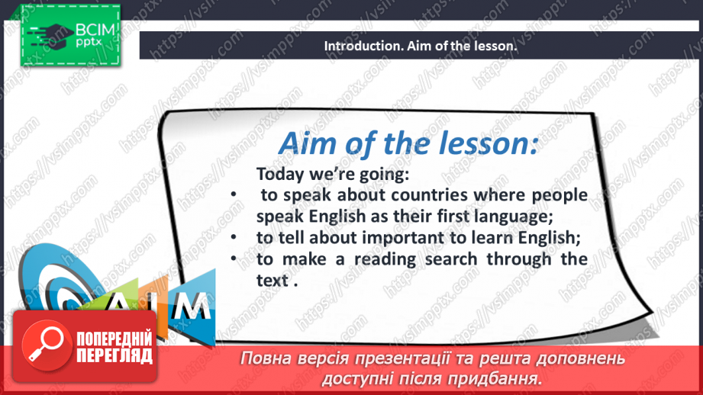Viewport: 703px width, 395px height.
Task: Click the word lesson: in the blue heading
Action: tap(488, 143)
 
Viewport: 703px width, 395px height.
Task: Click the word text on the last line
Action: tap(272, 281)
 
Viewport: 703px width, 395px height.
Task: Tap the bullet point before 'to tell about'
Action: tap(234, 237)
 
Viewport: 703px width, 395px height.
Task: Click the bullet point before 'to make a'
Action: tap(234, 259)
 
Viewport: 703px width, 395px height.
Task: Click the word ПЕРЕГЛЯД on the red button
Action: tap(114, 356)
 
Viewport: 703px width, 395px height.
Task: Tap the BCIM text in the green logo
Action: tap(95, 30)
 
